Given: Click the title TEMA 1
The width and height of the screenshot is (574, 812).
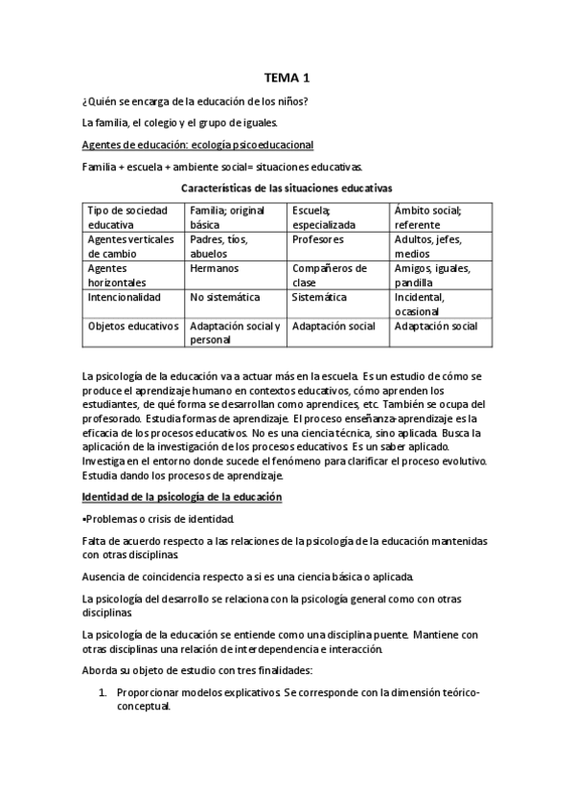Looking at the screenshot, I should [287, 79].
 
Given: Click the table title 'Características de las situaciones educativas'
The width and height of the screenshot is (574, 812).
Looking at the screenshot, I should [287, 189].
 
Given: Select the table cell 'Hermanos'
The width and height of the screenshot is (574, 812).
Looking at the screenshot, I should [214, 270].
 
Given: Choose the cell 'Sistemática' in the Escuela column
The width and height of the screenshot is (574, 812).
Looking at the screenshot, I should [319, 298].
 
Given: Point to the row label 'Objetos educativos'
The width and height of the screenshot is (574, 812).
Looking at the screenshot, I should [133, 326].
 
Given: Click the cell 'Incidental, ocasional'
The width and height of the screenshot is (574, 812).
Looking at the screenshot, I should [423, 304].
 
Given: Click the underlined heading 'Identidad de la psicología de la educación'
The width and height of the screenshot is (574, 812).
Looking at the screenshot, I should [182, 499].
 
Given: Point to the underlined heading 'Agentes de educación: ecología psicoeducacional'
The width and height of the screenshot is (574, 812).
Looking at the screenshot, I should [198, 145].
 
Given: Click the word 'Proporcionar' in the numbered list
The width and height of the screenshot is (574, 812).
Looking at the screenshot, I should [150, 691].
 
